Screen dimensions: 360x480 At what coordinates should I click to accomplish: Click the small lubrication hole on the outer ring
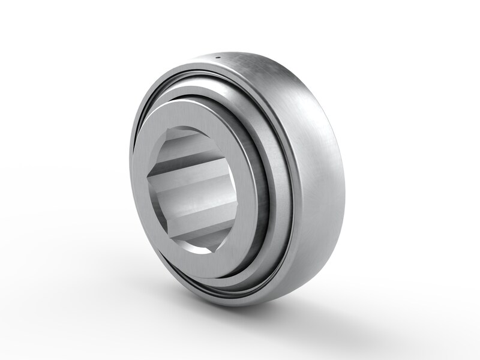[219, 58]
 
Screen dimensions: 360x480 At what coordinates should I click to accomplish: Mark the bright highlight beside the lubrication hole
[246, 60]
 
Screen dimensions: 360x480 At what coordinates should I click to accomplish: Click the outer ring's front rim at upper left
[156, 96]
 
